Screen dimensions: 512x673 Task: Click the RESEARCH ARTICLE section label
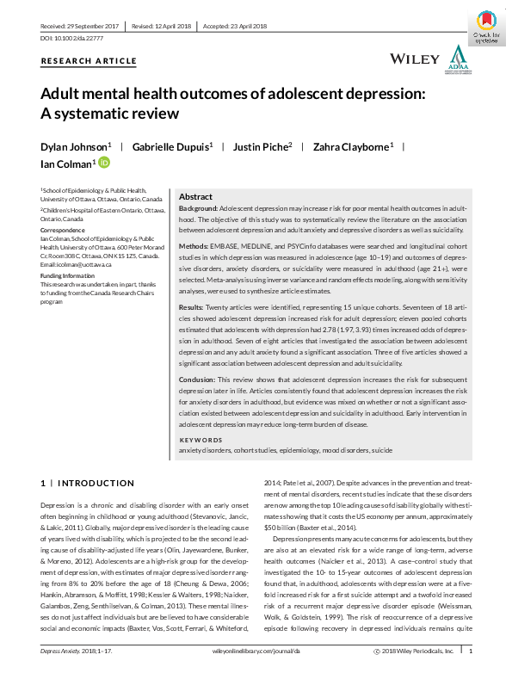[88, 61]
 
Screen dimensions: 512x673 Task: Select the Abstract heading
[195, 197]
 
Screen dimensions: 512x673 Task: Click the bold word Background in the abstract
[198, 209]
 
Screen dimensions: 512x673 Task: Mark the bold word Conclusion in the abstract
[196, 379]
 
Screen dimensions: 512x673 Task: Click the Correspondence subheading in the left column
[64, 229]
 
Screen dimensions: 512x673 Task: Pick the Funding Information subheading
[68, 275]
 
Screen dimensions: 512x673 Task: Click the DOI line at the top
[68, 40]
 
